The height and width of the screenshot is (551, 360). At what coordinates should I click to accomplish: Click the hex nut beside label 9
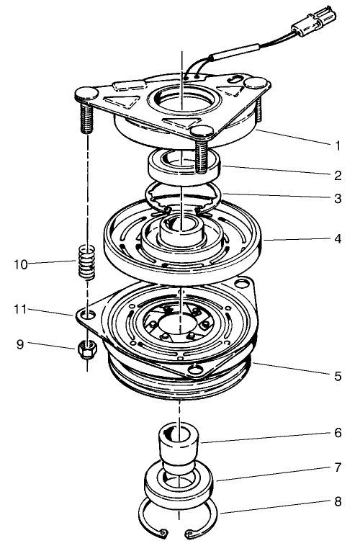click(86, 351)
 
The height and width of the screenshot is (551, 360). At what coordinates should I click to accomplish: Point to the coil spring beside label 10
click(86, 265)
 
